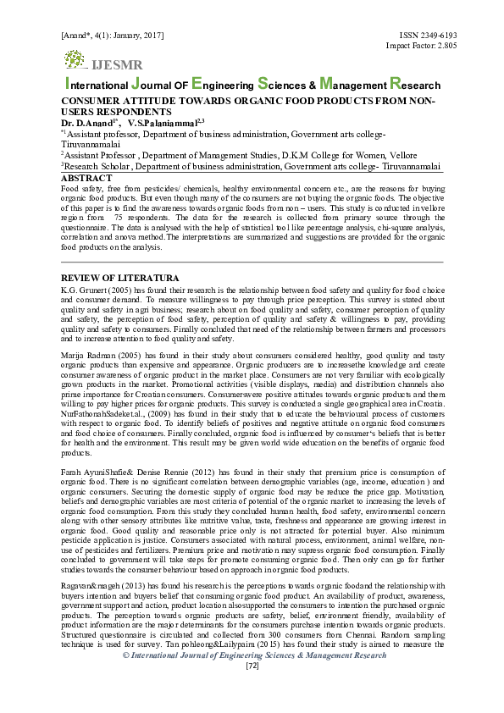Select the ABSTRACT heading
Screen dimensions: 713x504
87,179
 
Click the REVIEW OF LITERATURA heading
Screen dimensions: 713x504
120,278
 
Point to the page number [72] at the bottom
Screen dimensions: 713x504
252,666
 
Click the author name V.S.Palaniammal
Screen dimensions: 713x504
167,123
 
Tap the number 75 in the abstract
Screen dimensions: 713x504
120,218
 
